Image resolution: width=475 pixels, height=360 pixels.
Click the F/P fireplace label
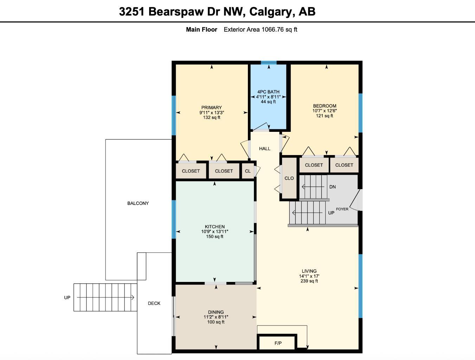point(278,343)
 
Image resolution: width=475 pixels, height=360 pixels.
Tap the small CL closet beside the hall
point(248,171)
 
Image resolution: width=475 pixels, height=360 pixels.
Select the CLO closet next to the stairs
point(289,178)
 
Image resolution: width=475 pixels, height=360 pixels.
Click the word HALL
point(265,149)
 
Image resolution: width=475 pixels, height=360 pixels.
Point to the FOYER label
point(342,209)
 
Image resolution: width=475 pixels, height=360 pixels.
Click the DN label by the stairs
point(332,187)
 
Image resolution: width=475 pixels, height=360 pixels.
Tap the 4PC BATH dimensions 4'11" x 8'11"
point(268,97)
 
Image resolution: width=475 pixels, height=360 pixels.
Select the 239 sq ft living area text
point(309,281)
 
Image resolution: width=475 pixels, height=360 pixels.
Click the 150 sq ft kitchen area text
point(214,237)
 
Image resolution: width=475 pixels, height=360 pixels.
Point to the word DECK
point(154,303)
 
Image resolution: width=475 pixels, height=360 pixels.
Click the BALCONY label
point(138,203)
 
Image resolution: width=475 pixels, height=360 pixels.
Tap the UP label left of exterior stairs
point(67,298)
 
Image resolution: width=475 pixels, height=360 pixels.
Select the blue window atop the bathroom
point(269,63)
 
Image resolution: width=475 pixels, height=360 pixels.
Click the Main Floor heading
point(201,30)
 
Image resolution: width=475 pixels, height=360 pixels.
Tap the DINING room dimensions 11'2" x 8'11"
point(216,317)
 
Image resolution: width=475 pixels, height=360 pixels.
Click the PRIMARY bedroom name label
point(211,108)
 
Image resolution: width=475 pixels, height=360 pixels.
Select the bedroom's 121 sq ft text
point(324,116)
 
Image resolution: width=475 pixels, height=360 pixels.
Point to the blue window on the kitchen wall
point(174,219)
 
